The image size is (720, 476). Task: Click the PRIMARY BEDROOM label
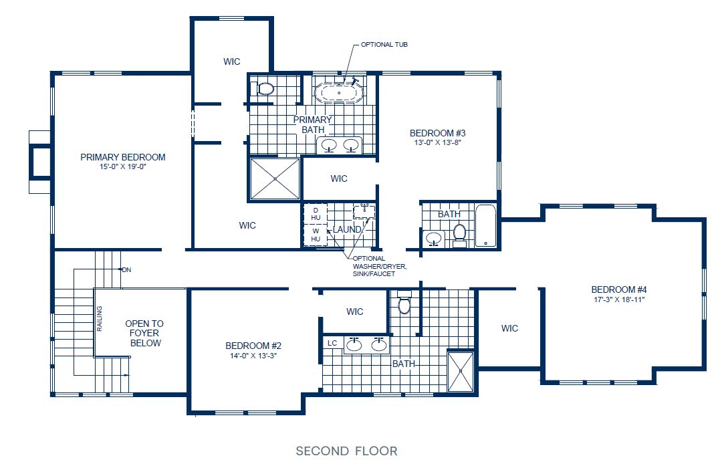click(122, 157)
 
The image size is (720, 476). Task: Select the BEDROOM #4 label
click(619, 289)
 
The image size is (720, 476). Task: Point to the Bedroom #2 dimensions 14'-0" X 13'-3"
click(253, 356)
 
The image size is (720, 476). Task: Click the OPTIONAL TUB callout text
click(384, 45)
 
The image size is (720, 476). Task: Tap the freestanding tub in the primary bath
click(339, 92)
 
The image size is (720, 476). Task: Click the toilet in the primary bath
click(265, 88)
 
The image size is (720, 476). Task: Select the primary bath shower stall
click(275, 178)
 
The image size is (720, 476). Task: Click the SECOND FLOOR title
click(346, 451)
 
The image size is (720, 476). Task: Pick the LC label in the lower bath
click(332, 343)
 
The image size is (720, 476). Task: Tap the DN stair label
click(126, 270)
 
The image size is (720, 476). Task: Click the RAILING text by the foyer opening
click(100, 318)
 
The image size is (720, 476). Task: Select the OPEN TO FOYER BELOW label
click(144, 333)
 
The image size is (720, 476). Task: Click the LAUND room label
click(347, 229)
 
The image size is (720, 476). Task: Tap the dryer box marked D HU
click(316, 214)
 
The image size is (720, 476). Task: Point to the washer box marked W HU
click(316, 235)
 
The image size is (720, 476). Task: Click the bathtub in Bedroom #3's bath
click(486, 227)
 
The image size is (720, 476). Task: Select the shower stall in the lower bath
click(460, 370)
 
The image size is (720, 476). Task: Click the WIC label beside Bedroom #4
click(509, 328)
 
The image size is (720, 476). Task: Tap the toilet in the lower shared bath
click(404, 305)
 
